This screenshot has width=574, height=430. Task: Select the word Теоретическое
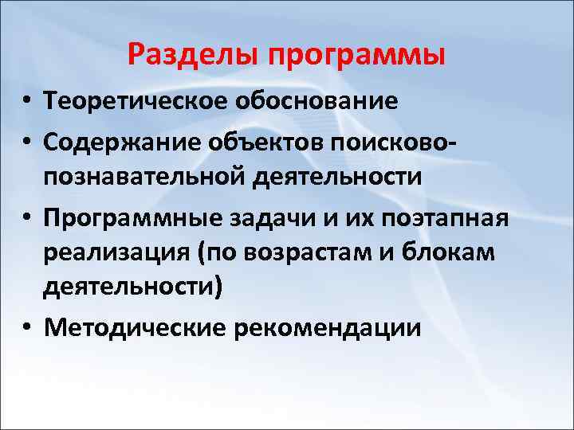pos(136,102)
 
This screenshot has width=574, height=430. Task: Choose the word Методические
pos(135,328)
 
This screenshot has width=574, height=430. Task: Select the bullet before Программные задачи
pos(26,216)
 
